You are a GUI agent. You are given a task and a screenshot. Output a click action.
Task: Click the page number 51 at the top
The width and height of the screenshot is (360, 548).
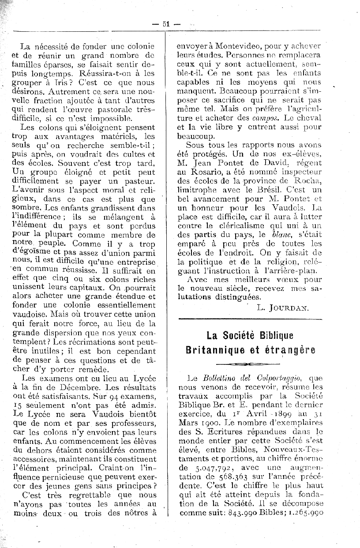[166, 24]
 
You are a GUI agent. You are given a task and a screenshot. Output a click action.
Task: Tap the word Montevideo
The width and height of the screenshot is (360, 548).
[226, 45]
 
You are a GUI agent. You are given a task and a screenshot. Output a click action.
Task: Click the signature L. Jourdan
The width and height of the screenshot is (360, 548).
[282, 308]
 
